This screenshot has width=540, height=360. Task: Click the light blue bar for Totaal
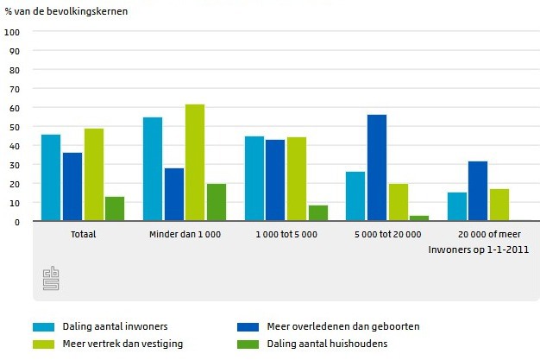tap(51, 178)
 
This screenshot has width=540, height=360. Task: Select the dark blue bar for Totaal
tap(72, 187)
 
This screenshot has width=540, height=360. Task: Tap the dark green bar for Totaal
tap(115, 209)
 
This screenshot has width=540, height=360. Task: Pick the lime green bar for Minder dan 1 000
tap(195, 163)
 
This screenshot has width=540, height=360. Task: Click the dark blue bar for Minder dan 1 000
tap(174, 195)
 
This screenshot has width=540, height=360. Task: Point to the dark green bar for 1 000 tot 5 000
tap(318, 213)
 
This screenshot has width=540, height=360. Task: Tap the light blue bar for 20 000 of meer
tap(457, 207)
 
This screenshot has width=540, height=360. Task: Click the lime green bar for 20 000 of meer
tap(499, 205)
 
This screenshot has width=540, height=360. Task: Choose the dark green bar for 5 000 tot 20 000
tap(419, 218)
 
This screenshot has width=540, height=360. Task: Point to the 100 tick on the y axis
tap(12, 32)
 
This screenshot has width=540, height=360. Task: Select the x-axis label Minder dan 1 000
tap(185, 234)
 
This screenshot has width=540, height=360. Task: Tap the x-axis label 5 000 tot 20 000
tap(388, 234)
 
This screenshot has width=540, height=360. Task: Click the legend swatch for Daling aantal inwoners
tap(44, 327)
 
